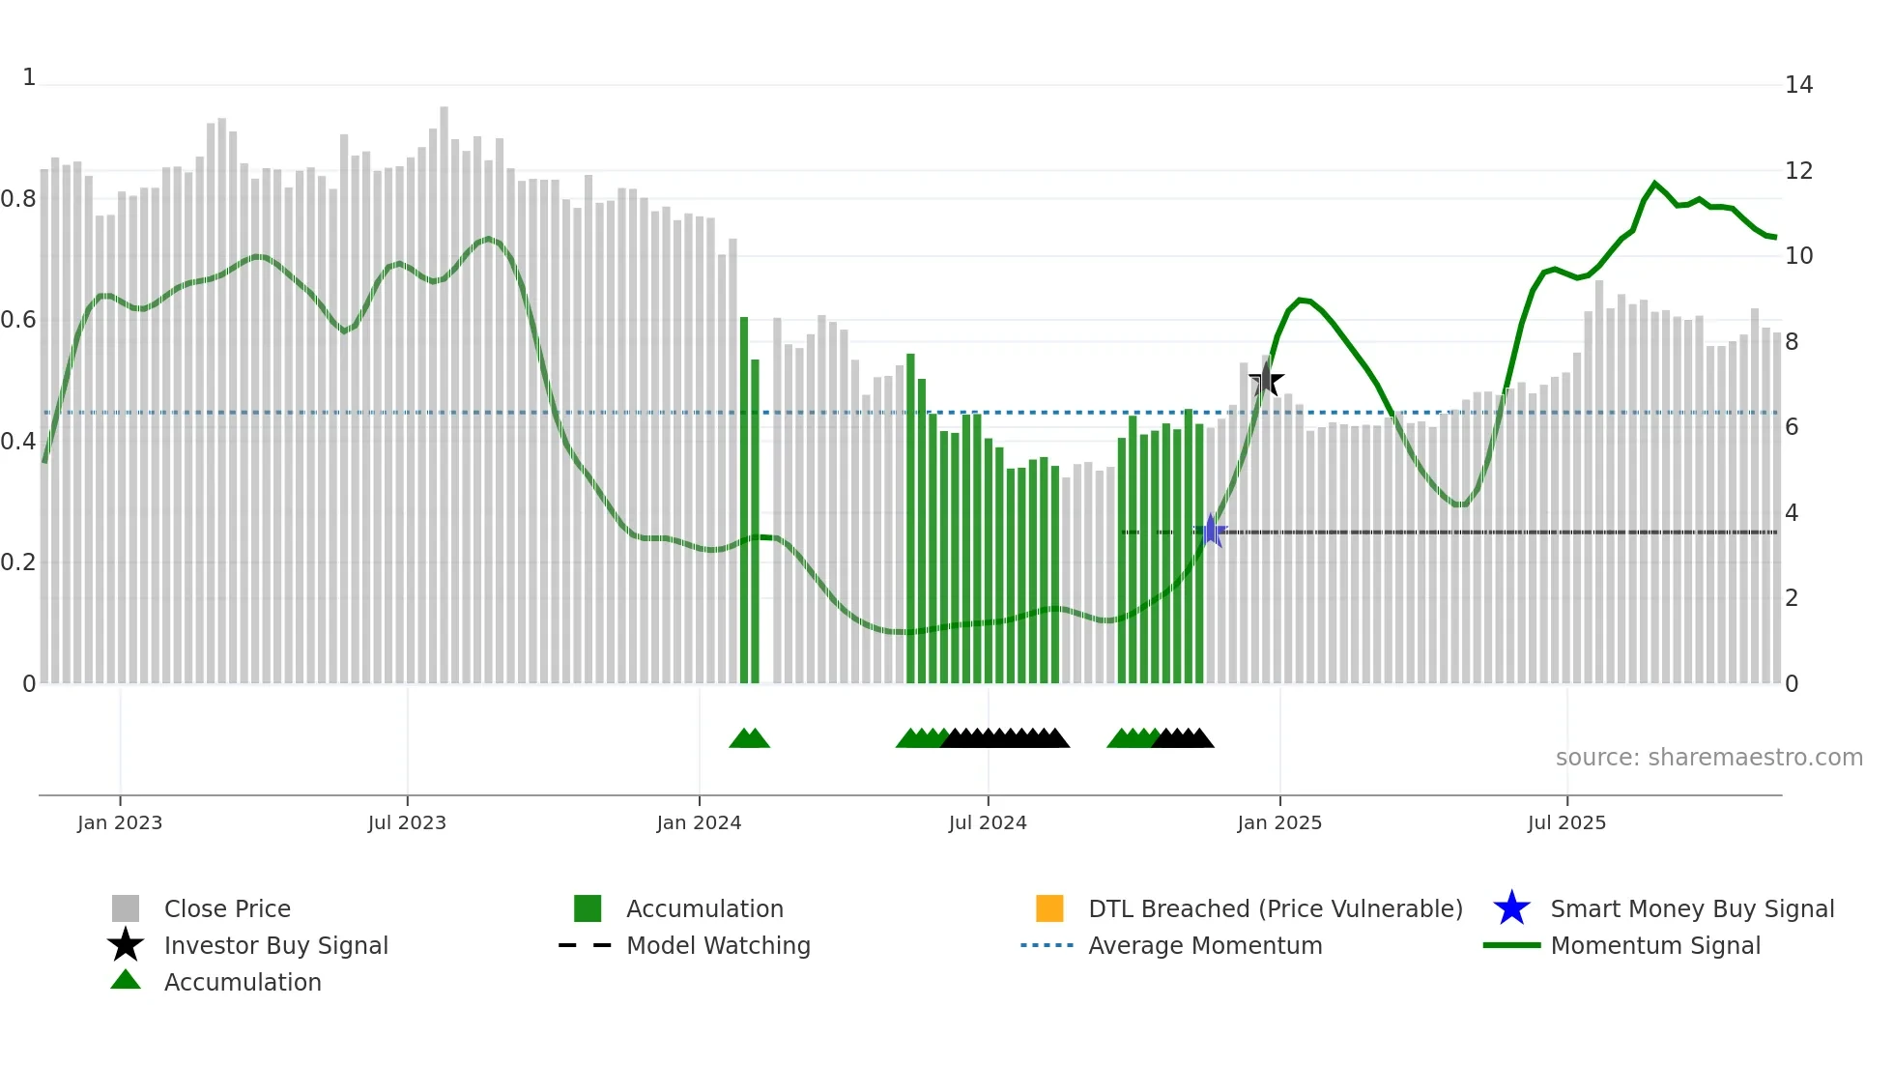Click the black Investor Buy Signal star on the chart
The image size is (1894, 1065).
pyautogui.click(x=1266, y=381)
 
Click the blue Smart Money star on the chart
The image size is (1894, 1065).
pyautogui.click(x=1210, y=531)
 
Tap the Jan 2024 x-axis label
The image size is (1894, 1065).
pyautogui.click(x=699, y=822)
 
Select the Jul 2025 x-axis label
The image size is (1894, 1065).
pyautogui.click(x=1566, y=822)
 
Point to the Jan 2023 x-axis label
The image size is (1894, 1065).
pyautogui.click(x=120, y=822)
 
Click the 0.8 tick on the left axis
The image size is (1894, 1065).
pyautogui.click(x=18, y=199)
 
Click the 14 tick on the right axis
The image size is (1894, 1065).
pyautogui.click(x=1798, y=85)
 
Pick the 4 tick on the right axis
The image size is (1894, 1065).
pyautogui.click(x=1792, y=513)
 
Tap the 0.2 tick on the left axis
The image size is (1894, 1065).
pyautogui.click(x=18, y=562)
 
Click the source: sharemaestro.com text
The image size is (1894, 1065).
pyautogui.click(x=1708, y=758)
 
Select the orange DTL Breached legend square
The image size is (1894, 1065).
pyautogui.click(x=1049, y=908)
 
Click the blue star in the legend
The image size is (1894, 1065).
pyautogui.click(x=1511, y=908)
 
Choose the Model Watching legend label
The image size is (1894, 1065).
pyautogui.click(x=718, y=945)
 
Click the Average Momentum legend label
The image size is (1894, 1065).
pyautogui.click(x=1205, y=945)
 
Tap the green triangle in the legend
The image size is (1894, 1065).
pyautogui.click(x=126, y=980)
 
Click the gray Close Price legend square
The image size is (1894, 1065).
pyautogui.click(x=126, y=908)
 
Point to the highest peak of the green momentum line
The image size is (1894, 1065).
pyautogui.click(x=1654, y=183)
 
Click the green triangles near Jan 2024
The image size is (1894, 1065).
pyautogui.click(x=749, y=738)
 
